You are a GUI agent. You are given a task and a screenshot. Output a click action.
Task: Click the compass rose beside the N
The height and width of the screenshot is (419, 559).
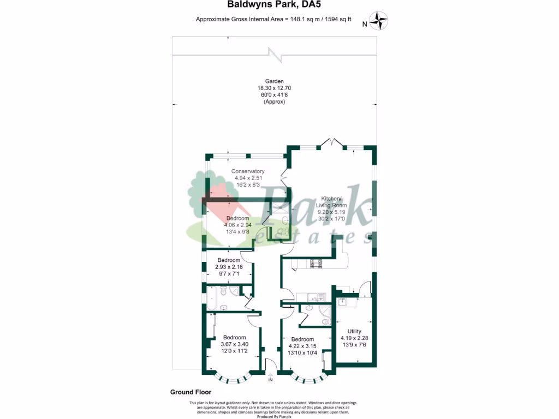point(379,21)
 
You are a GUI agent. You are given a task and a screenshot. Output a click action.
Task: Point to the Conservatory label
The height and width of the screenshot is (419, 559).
point(248,171)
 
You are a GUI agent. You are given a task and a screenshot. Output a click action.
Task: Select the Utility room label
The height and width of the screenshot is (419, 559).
point(354,331)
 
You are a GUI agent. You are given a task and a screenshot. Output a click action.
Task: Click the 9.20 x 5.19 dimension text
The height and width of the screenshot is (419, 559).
point(332,212)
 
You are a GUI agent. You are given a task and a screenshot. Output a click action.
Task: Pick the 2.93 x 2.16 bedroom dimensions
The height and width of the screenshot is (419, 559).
point(229,267)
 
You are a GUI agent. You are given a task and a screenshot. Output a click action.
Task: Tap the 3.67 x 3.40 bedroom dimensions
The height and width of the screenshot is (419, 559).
point(234,344)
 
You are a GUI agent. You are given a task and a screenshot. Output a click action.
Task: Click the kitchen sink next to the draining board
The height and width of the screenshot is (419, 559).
point(312,297)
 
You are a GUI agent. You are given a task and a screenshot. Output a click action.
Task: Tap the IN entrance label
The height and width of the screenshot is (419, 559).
point(270,380)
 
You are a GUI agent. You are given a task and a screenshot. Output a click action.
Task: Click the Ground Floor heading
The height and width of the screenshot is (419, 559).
point(191,392)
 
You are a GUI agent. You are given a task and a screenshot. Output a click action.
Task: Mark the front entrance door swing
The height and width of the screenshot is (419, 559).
point(269,365)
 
